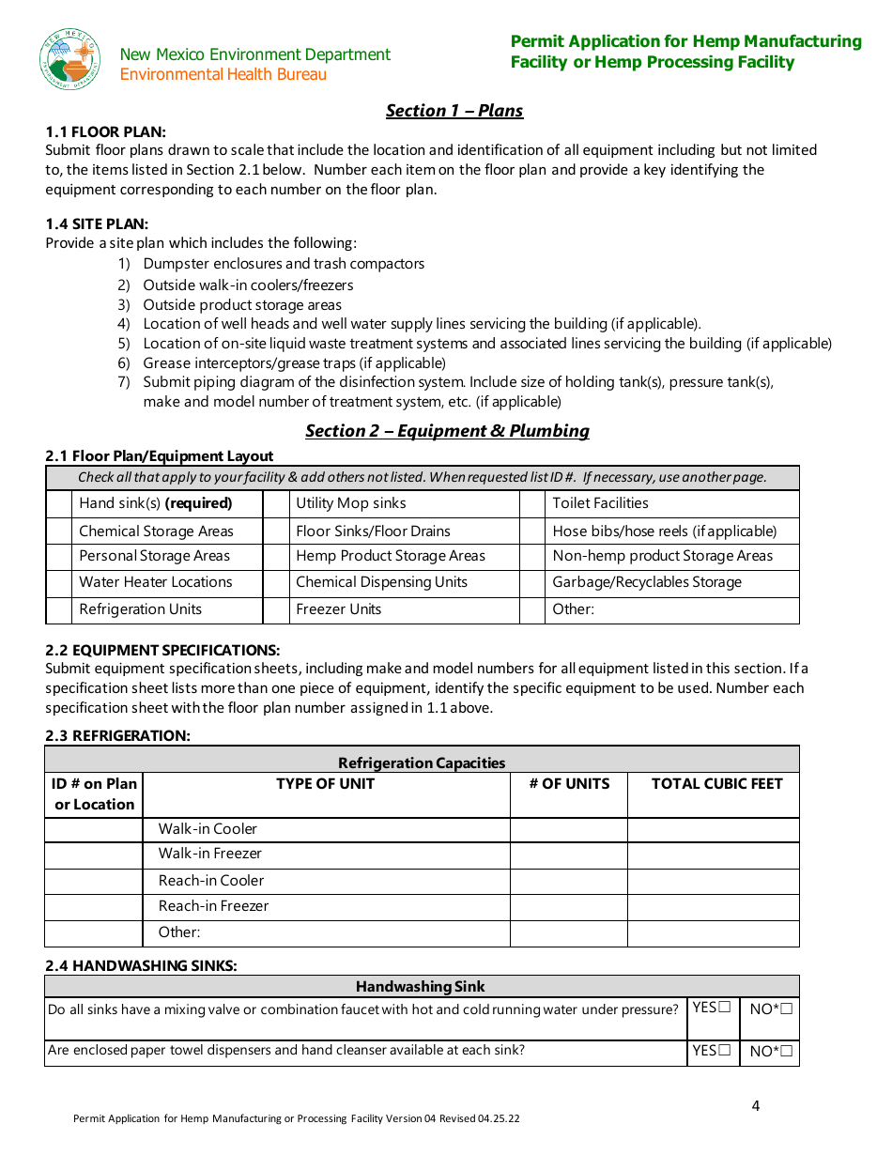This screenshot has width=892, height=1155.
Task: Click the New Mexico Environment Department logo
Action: (70, 59)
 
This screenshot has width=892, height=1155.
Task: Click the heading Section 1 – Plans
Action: (454, 111)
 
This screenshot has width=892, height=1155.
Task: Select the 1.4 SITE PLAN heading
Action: (97, 223)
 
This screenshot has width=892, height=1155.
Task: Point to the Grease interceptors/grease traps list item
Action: (294, 362)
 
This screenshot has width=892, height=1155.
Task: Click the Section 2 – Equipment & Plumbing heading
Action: (447, 431)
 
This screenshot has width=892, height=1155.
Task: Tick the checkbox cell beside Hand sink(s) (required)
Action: (59, 503)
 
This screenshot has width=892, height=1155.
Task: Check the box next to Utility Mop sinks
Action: (275, 503)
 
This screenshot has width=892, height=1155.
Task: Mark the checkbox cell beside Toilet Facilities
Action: (532, 503)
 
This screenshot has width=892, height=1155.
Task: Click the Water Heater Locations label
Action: (155, 582)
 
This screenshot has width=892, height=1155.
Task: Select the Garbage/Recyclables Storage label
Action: (647, 582)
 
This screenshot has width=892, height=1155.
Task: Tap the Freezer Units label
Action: (338, 609)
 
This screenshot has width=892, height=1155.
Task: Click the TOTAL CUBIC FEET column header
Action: (716, 784)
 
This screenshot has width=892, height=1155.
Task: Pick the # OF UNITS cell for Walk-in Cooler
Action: (568, 829)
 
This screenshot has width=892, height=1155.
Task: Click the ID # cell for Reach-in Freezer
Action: (94, 906)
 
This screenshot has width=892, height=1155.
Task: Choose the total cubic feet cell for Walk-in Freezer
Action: (713, 855)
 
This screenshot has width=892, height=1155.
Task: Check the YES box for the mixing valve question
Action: (724, 1008)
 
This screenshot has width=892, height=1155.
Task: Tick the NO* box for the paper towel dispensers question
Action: (786, 1052)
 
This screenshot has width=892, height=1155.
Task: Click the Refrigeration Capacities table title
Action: (422, 762)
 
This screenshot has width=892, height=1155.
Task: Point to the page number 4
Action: (756, 1105)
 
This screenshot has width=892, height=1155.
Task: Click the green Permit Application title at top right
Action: (685, 52)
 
